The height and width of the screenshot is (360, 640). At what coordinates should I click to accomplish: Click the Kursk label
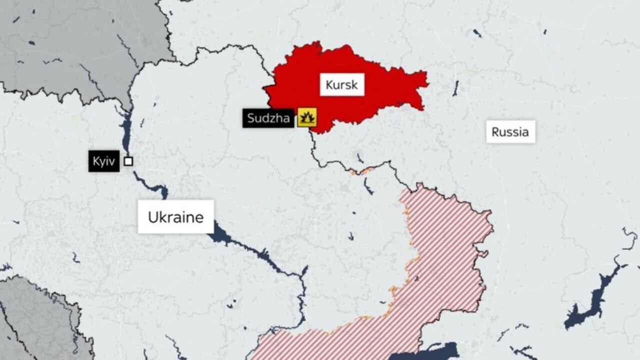342,85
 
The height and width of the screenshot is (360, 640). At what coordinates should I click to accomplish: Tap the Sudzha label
268,118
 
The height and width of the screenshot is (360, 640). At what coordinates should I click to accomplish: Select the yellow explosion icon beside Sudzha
307,117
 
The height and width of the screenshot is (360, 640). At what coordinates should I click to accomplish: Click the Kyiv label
104,161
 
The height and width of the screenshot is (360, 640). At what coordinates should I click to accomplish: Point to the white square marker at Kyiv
128,161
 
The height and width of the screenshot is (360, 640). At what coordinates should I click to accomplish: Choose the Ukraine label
175,217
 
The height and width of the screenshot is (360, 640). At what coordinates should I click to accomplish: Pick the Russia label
510,131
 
